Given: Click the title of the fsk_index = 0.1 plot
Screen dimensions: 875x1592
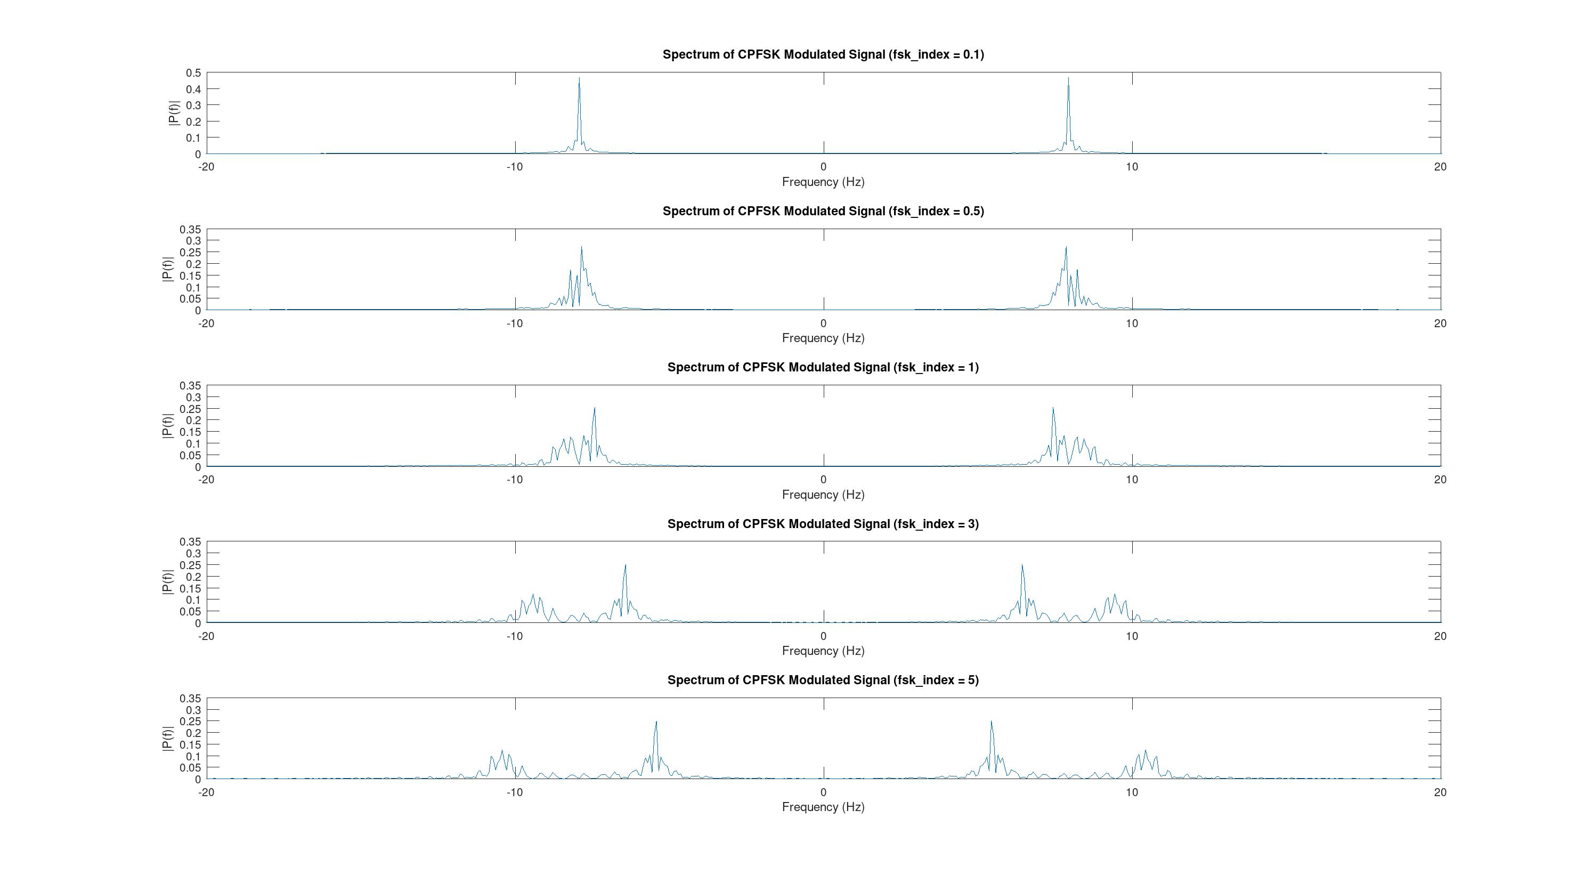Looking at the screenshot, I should [x=823, y=54].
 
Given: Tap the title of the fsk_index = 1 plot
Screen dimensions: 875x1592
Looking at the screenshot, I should [x=823, y=367].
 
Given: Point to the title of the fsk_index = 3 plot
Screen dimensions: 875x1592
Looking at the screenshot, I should [x=823, y=523].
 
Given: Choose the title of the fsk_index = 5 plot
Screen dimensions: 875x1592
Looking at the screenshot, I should [x=823, y=680].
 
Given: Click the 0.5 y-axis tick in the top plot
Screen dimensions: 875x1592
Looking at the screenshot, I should [x=193, y=73].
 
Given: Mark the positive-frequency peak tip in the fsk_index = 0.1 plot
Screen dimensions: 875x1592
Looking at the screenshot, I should [x=1068, y=78].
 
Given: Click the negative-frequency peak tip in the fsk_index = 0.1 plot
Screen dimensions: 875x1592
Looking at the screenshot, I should [x=579, y=78].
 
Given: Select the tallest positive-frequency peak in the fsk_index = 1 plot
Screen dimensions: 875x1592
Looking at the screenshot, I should [x=1053, y=408].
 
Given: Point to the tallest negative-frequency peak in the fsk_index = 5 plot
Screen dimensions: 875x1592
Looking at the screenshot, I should [x=656, y=722].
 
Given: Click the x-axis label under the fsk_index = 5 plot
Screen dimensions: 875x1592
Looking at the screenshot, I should [x=823, y=806].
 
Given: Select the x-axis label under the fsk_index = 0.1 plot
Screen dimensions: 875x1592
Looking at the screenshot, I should [x=823, y=182].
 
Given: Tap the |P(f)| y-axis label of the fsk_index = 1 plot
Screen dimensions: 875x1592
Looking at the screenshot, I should [x=167, y=426].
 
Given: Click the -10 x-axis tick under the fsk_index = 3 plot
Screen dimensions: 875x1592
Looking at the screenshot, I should [x=514, y=636].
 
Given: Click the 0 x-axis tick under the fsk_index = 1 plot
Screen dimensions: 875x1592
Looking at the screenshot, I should [x=823, y=480].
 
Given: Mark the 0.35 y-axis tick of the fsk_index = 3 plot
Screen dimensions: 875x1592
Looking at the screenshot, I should [x=190, y=542].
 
